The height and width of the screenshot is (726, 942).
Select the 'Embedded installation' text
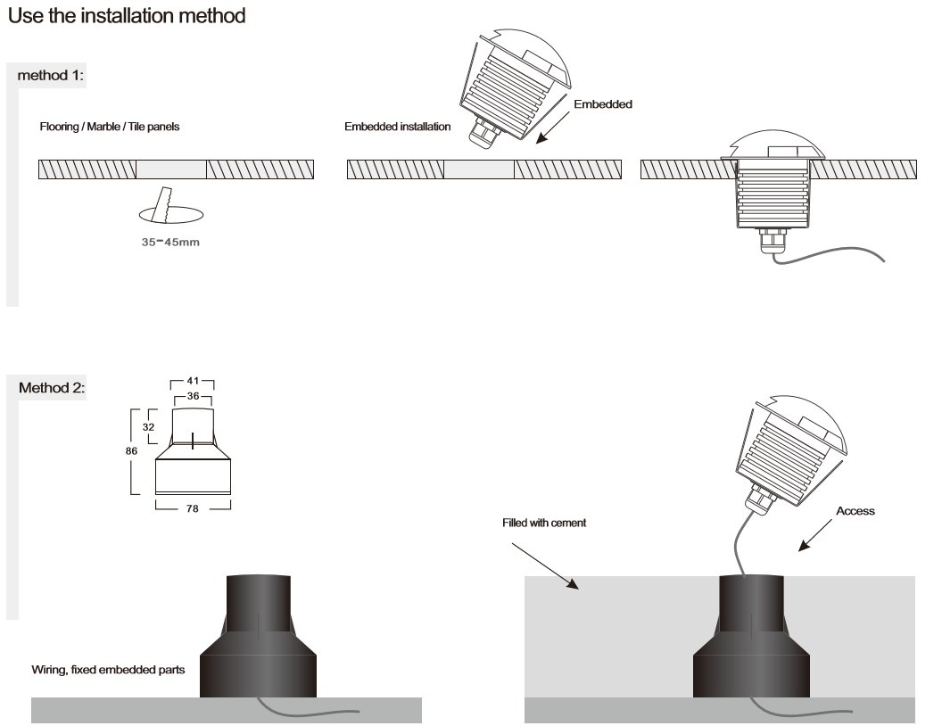coord(397,128)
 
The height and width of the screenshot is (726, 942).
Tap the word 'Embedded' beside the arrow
coord(602,104)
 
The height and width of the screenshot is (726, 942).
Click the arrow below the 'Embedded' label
coord(556,128)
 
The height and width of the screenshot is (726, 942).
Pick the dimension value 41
coord(192,381)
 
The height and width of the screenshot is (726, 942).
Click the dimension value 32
coord(149,427)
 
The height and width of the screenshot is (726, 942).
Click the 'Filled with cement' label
coord(544,523)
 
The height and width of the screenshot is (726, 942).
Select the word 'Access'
coord(855,511)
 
